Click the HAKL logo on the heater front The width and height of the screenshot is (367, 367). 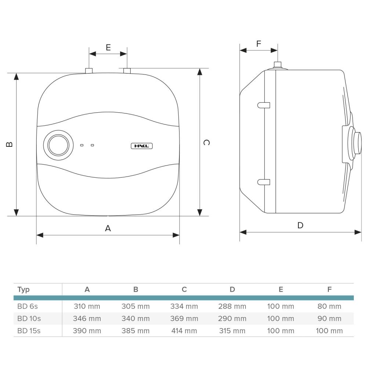coord(142,146)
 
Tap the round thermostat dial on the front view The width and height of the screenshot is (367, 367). coord(58,145)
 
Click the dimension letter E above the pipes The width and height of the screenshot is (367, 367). coord(108,47)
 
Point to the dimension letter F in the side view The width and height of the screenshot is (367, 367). coord(259,44)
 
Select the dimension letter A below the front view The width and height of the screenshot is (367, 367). coord(108,228)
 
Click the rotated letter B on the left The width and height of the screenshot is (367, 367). coord(9,144)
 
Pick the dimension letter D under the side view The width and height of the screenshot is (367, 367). coord(300,225)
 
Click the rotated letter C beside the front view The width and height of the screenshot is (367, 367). coord(206,142)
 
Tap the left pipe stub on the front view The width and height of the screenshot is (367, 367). coord(89,71)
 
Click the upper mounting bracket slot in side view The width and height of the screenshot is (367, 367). coord(264,105)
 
